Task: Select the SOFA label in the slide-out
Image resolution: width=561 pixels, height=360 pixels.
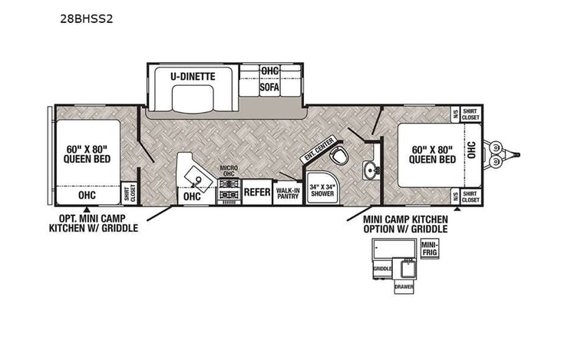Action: (x=269, y=87)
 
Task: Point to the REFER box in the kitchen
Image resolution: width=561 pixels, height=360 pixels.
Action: (x=257, y=192)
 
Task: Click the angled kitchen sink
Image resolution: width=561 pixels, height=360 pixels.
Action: (x=198, y=180)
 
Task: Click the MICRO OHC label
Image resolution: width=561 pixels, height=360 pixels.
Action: (x=229, y=171)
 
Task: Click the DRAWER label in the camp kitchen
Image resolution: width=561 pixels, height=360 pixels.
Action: (x=404, y=287)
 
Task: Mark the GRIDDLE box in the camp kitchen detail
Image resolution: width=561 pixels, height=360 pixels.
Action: (x=382, y=269)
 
